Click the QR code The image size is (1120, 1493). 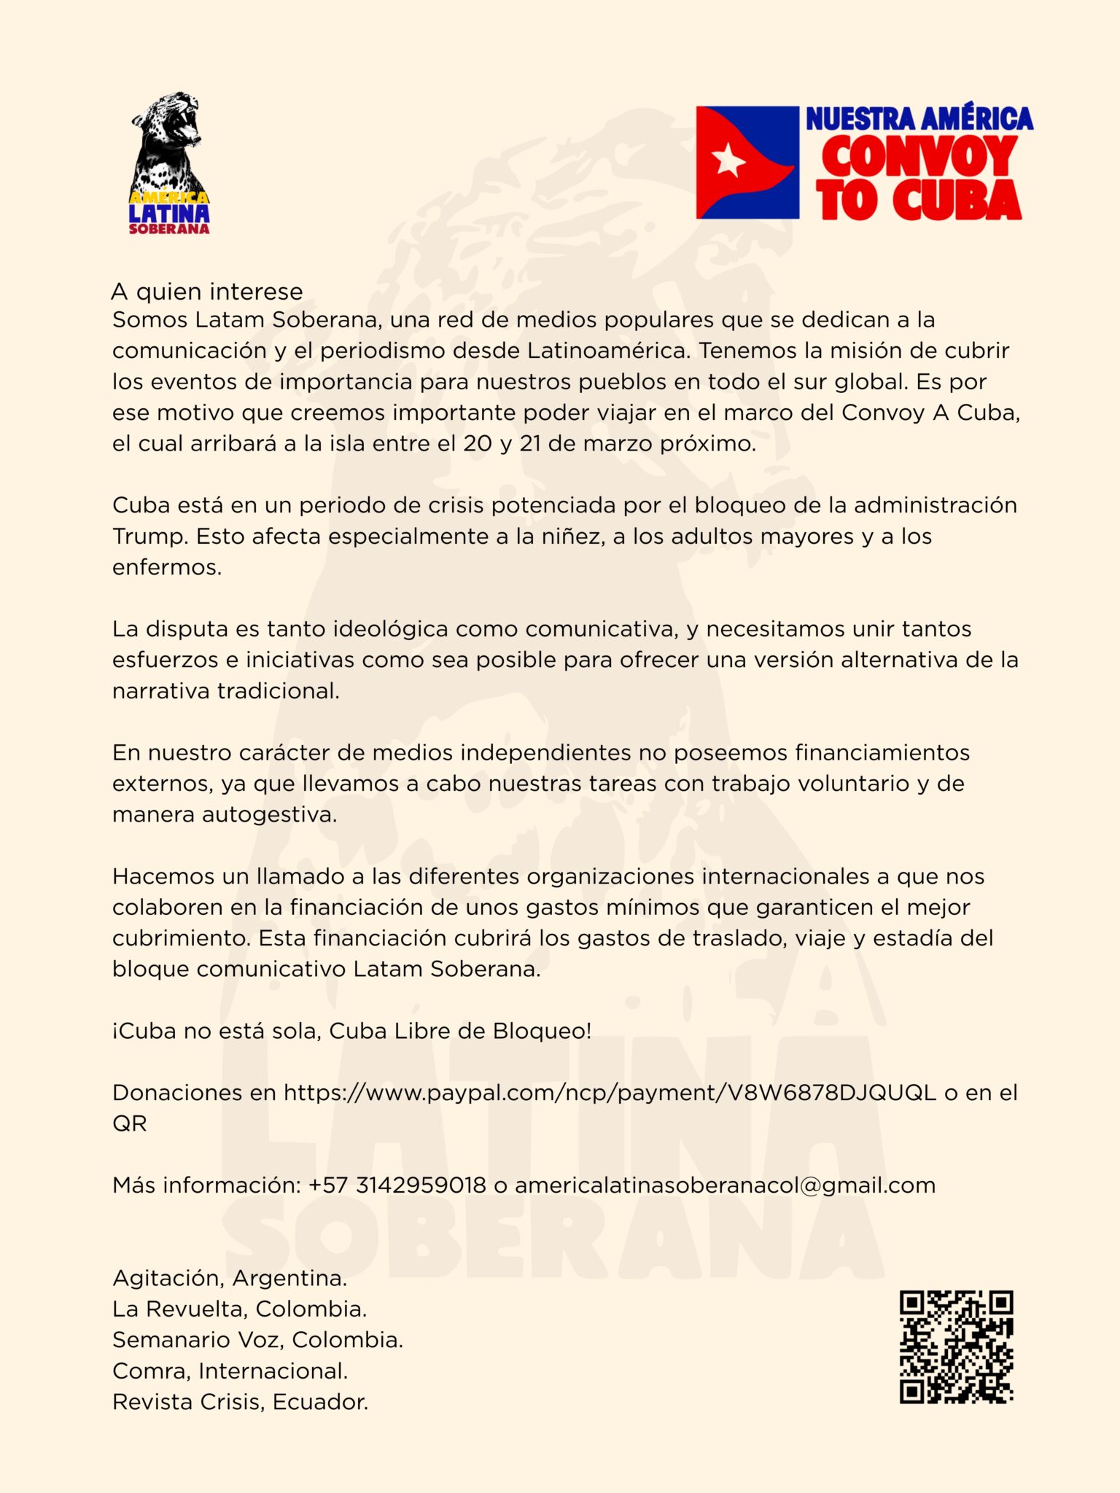point(956,1346)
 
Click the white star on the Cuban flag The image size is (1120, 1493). point(728,160)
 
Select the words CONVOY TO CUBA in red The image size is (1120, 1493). point(919,178)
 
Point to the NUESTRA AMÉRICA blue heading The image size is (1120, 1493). point(919,119)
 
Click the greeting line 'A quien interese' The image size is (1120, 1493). point(206,292)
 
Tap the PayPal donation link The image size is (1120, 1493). point(610,1092)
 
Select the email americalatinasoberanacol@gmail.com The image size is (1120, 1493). point(725,1185)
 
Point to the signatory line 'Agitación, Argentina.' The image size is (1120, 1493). point(230,1278)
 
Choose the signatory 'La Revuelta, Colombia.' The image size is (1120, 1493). point(239,1309)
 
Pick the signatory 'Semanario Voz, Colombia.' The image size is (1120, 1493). point(257,1340)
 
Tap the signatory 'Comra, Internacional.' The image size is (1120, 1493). point(230,1371)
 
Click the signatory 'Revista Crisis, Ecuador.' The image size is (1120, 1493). point(240,1402)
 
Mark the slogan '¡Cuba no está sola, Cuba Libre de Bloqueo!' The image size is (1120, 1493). point(351,1031)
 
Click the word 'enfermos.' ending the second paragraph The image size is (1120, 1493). point(167,567)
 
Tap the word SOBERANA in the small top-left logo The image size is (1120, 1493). point(169,229)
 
